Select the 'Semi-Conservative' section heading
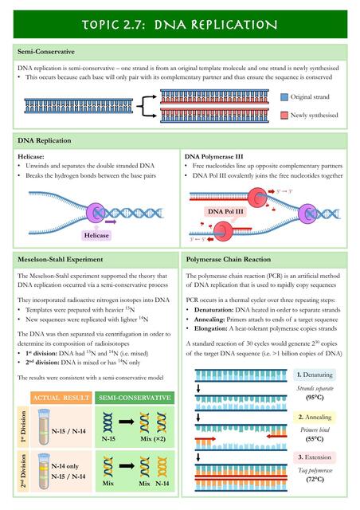click(x=46, y=52)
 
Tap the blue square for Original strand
click(x=284, y=96)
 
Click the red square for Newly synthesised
click(x=284, y=116)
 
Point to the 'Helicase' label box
click(x=95, y=236)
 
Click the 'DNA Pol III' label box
click(x=227, y=212)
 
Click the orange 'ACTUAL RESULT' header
click(x=61, y=396)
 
